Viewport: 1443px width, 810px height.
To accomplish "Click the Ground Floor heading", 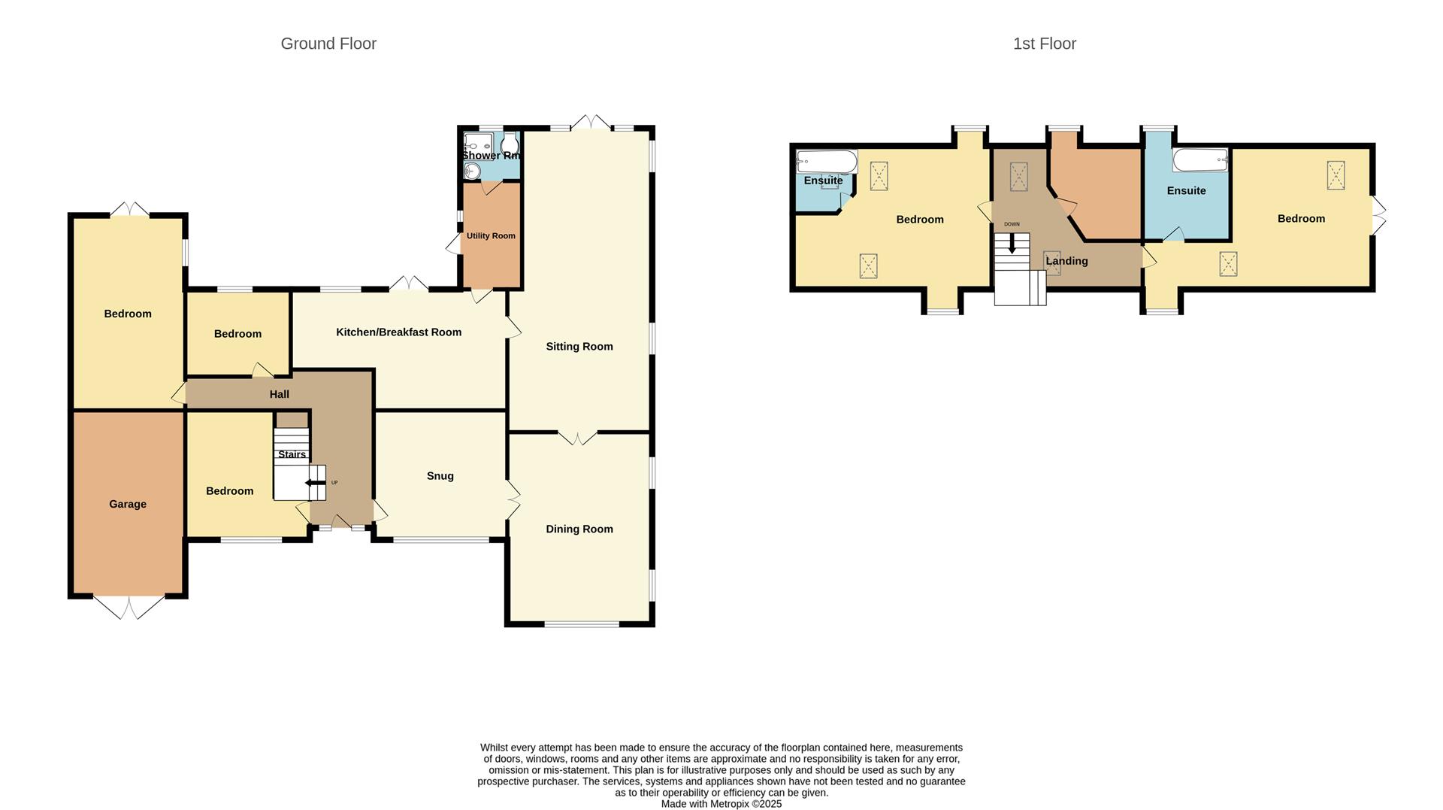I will [x=328, y=44].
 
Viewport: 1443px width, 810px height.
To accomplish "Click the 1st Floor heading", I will [x=1044, y=44].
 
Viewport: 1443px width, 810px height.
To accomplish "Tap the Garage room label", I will [x=127, y=504].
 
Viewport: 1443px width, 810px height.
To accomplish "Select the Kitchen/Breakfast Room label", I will [x=398, y=332].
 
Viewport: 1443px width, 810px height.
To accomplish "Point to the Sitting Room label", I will [x=579, y=346].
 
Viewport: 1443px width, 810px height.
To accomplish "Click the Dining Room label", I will [x=579, y=529].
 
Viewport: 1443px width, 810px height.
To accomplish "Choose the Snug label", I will [x=440, y=475].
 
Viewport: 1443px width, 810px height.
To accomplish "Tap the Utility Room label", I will [x=491, y=235].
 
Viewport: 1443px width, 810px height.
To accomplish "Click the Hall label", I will [x=279, y=394].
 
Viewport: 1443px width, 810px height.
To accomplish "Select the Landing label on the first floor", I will [x=1066, y=261].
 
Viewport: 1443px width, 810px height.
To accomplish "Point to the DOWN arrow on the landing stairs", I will [x=1012, y=243].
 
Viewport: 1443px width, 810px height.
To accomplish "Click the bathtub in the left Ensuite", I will [x=827, y=162].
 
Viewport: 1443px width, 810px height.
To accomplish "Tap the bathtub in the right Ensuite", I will [x=1200, y=159].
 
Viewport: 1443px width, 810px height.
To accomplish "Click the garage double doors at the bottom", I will [x=128, y=606].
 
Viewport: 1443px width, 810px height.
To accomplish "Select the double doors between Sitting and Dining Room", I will [x=578, y=437].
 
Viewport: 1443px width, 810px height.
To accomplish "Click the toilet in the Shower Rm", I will [x=510, y=143].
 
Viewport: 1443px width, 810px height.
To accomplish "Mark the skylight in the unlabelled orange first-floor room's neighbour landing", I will [x=1018, y=177].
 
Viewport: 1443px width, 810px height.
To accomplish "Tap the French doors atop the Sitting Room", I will [x=591, y=122].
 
